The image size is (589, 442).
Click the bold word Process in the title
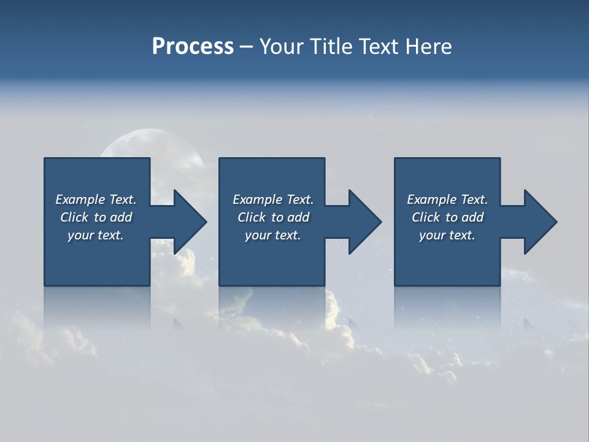(x=193, y=47)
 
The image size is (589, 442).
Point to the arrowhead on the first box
(x=190, y=222)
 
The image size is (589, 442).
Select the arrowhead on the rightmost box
(x=541, y=222)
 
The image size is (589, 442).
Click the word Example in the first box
(x=80, y=200)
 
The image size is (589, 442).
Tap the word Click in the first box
(x=75, y=217)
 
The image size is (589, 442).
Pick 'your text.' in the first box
(x=96, y=235)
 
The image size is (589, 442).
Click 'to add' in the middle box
(x=290, y=217)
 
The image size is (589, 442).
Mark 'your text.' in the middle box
(x=273, y=235)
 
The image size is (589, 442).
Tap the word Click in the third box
(x=426, y=217)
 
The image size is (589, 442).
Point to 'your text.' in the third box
(x=447, y=235)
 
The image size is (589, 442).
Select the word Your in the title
(x=280, y=47)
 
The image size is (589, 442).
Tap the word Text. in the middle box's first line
(x=299, y=200)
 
